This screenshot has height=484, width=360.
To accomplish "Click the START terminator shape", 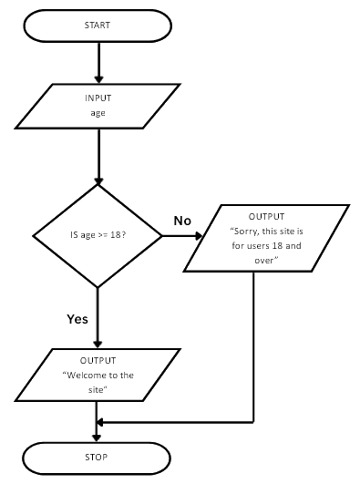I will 97,26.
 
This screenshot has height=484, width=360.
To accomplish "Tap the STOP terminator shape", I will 97,457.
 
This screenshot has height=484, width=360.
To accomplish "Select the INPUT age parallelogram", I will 97,107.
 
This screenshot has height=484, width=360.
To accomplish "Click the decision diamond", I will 97,235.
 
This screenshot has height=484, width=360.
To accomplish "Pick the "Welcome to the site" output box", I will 97,375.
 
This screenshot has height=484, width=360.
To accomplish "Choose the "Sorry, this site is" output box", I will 266,239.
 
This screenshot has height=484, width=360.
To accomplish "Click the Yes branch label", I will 77,319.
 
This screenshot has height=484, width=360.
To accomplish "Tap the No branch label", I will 182,221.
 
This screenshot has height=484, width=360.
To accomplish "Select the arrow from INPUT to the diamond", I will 97,156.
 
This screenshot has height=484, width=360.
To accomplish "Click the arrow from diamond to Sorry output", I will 182,236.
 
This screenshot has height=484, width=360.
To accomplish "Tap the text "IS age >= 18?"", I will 98,236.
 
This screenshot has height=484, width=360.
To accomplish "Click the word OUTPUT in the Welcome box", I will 98,361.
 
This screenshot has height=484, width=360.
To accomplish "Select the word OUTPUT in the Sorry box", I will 267,217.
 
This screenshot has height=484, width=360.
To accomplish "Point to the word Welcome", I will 83,376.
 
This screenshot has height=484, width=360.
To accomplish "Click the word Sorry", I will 247,232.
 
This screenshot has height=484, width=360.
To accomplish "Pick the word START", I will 97,26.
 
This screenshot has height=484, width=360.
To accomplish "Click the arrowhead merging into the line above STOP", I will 102,422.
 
